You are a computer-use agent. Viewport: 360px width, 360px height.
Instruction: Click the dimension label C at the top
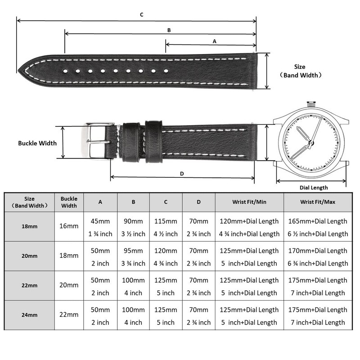[x=141, y=15]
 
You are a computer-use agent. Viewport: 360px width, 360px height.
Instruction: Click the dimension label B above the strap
[x=169, y=30]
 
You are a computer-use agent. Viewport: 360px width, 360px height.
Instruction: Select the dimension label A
[x=214, y=41]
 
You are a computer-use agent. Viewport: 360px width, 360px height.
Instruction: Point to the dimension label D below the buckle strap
[x=182, y=173]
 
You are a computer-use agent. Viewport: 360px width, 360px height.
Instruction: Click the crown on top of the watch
[x=310, y=104]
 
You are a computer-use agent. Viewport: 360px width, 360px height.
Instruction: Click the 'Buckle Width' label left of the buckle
[x=37, y=143]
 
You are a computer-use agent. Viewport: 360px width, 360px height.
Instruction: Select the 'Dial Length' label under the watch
[x=314, y=188]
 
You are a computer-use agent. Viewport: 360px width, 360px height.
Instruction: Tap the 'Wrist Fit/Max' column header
[x=318, y=202]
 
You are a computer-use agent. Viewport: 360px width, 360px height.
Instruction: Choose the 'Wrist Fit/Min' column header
[x=249, y=202]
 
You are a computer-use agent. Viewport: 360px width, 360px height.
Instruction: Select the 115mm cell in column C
[x=166, y=221]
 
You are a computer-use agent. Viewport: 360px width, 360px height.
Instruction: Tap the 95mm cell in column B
[x=133, y=251]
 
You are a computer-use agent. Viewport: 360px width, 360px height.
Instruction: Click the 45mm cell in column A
[x=100, y=221]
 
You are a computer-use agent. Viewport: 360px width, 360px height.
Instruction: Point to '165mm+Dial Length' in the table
[x=318, y=221]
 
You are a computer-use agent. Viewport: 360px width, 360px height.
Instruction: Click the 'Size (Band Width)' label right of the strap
[x=300, y=71]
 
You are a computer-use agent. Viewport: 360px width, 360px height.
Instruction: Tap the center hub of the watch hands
[x=310, y=143]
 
